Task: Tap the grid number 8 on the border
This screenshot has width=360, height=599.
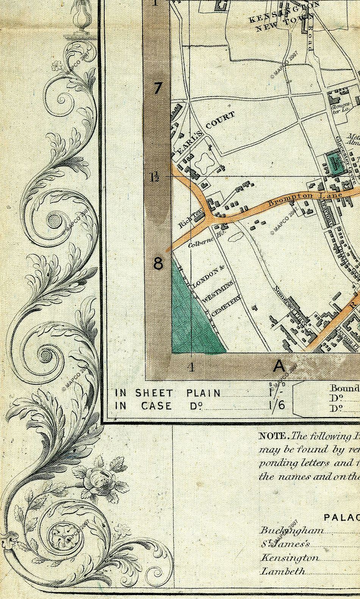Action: pos(158,263)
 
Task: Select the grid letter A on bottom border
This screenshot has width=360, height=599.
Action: pos(279,366)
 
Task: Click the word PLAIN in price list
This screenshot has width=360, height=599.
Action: pos(203,393)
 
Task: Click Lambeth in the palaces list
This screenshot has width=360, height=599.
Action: pos(283,571)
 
